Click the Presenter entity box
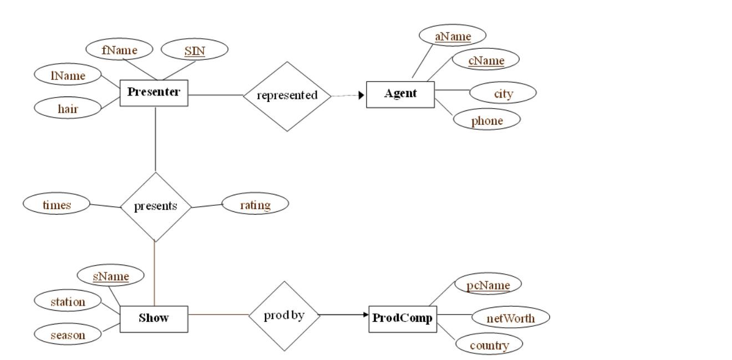154,93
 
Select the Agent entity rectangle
400,94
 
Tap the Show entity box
154,318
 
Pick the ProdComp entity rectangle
403,318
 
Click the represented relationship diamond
287,95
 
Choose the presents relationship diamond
155,206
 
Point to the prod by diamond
284,316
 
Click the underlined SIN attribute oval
194,50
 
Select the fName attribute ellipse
119,49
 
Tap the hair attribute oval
68,108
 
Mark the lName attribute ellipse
68,75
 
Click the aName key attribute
453,36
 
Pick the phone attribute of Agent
487,120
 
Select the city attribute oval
503,93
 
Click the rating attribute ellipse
255,205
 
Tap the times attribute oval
57,204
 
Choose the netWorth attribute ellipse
510,318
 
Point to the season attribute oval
68,334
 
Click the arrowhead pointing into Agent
362,95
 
